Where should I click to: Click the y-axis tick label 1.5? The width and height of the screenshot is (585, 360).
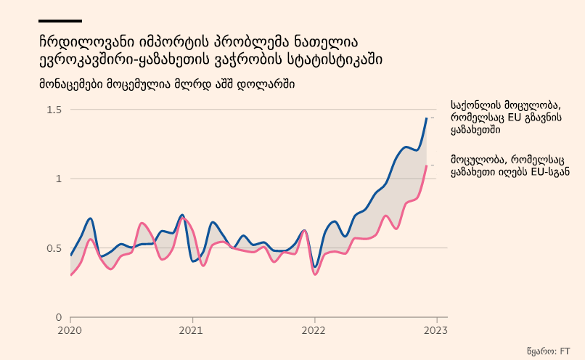click(x=54, y=110)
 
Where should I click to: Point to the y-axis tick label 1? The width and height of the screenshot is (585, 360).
click(x=59, y=179)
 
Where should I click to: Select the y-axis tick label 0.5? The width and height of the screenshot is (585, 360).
click(x=54, y=248)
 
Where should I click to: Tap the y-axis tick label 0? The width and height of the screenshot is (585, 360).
click(x=59, y=317)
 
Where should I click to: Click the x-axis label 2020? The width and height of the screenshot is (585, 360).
click(x=70, y=330)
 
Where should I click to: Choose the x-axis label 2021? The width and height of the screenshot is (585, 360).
click(x=192, y=330)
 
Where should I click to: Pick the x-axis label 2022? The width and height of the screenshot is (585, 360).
click(x=314, y=330)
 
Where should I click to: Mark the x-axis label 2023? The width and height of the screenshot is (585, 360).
click(x=436, y=330)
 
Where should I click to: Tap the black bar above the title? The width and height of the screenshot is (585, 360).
click(x=60, y=21)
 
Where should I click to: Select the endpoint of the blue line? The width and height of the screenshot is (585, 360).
click(x=427, y=118)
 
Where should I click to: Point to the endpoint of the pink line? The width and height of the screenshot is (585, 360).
click(x=427, y=165)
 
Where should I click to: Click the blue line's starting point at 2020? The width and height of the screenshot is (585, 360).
click(x=71, y=255)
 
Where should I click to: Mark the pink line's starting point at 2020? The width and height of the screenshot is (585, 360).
click(x=71, y=275)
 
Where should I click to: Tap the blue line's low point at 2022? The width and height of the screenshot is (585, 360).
click(x=315, y=268)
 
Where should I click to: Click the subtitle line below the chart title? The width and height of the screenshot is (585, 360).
click(x=167, y=84)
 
